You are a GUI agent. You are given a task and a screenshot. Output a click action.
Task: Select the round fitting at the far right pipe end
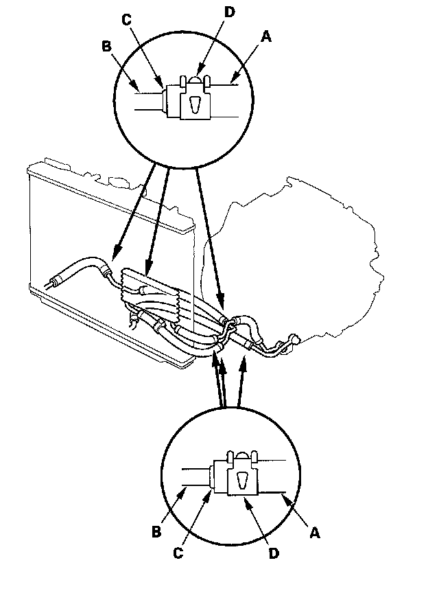[x=296, y=338]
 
